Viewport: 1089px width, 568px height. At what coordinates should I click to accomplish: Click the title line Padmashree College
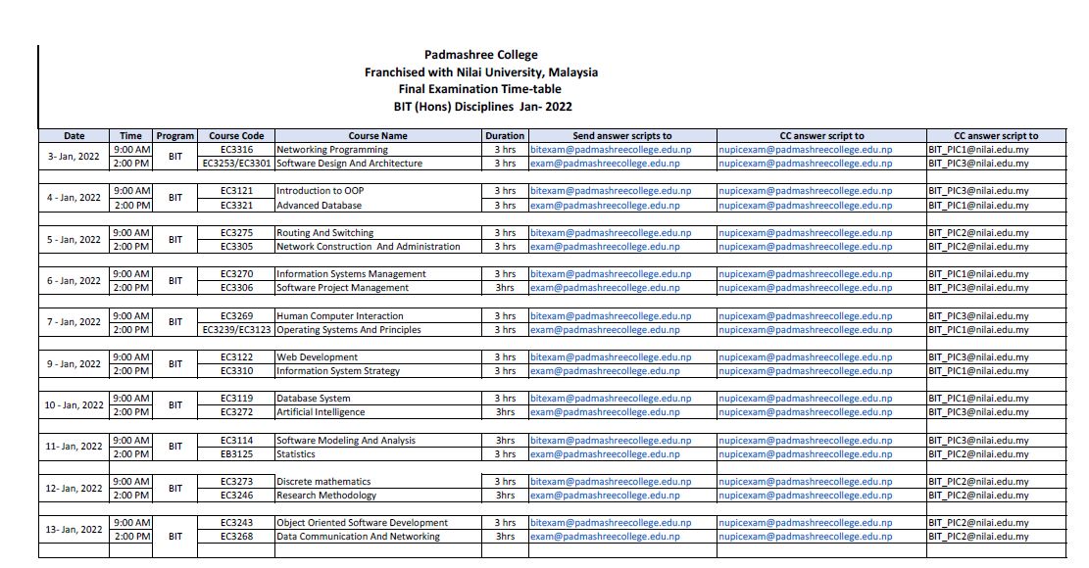480,55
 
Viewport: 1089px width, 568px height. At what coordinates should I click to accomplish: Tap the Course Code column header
236,136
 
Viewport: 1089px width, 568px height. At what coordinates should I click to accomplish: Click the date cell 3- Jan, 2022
74,157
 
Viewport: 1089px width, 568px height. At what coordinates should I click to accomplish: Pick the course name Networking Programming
332,150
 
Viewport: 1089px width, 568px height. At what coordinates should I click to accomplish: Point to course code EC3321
236,206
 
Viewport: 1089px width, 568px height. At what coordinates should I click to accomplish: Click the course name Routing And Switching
324,233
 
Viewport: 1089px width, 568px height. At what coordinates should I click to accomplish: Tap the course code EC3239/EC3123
236,330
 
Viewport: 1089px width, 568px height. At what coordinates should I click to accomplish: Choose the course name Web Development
317,357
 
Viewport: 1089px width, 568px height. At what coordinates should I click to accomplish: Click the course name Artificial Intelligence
322,412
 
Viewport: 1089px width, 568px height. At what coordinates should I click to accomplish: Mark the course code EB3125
236,454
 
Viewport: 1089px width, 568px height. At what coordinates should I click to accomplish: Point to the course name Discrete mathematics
323,482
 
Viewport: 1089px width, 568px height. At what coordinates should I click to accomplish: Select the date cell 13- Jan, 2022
74,530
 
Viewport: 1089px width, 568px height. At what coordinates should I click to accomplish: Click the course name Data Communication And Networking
358,537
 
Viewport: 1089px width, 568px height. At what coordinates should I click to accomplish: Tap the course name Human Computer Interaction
339,316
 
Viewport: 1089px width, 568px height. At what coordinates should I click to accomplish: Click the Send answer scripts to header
621,136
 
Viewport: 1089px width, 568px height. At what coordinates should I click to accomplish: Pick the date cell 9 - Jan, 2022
74,364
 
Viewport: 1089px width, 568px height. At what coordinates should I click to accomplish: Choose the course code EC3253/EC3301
236,164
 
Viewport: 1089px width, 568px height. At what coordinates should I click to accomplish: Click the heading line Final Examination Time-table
480,89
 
